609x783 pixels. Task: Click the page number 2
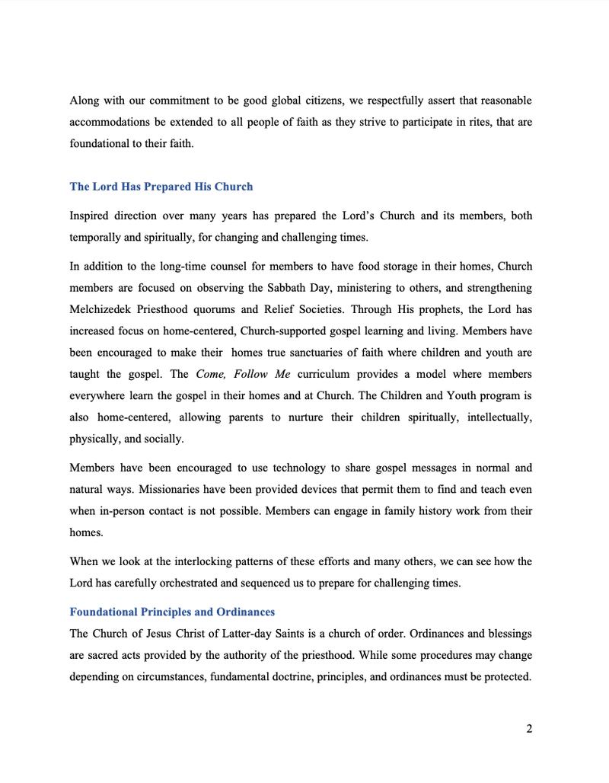[528, 729]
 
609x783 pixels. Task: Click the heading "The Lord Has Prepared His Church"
[161, 187]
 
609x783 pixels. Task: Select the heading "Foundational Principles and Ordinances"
[172, 612]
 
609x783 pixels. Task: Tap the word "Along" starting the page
[84, 101]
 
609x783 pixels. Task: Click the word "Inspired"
[91, 216]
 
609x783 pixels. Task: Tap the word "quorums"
[217, 309]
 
